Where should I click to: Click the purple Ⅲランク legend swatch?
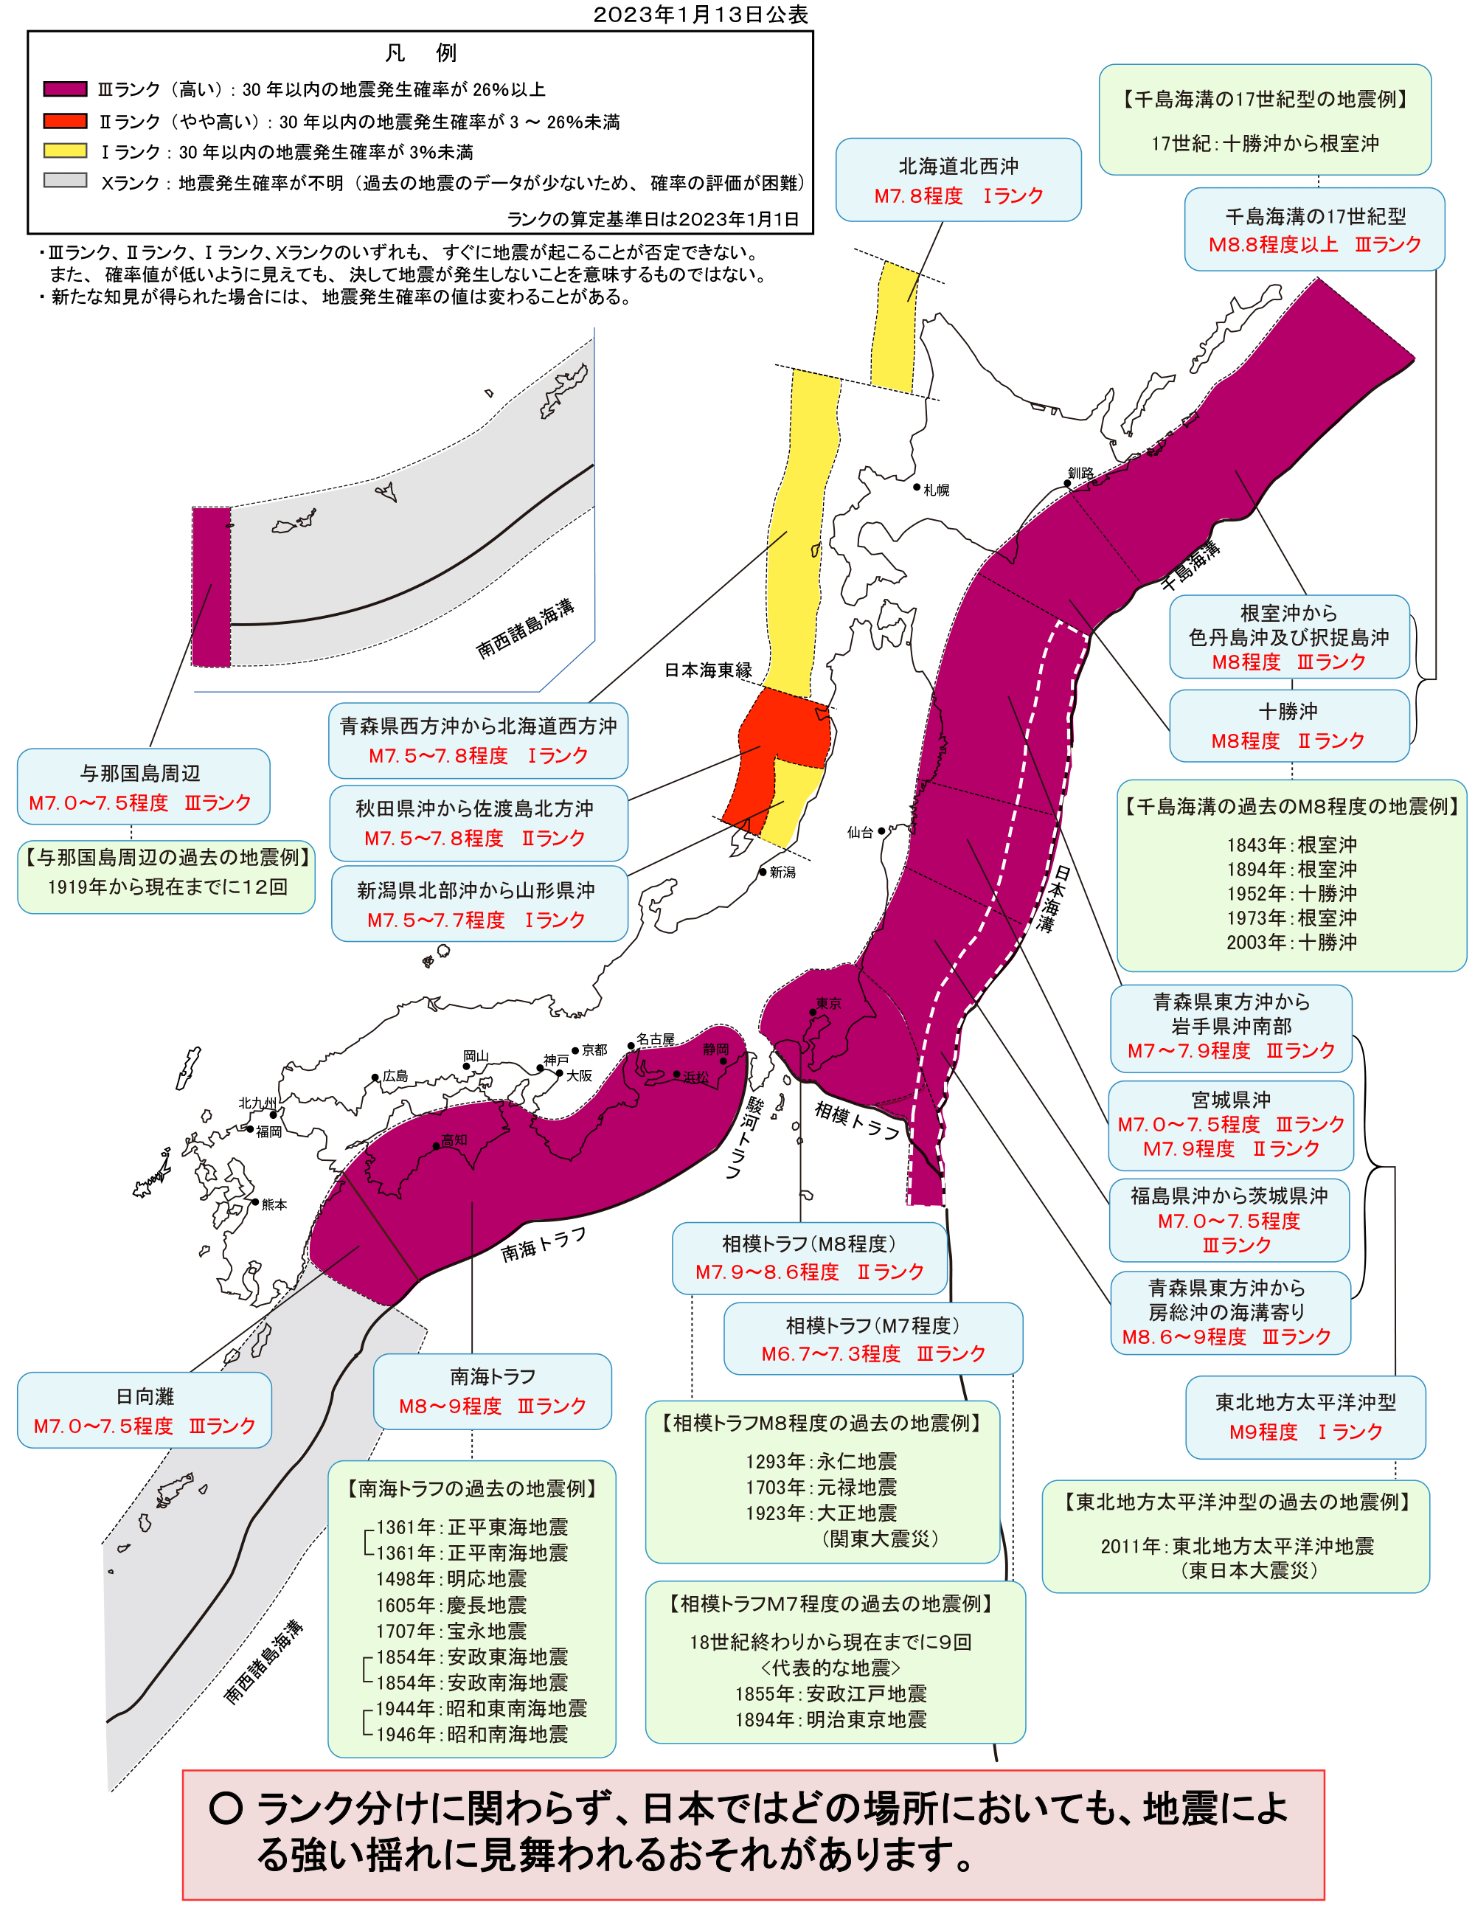click(x=65, y=89)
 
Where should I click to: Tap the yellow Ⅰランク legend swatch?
click(x=65, y=150)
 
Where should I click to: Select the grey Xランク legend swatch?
click(x=65, y=181)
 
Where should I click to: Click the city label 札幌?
click(x=936, y=490)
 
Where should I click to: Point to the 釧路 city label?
click(x=1080, y=474)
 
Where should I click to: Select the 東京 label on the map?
click(x=827, y=1004)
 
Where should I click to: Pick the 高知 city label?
click(x=454, y=1140)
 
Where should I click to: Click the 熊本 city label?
click(x=274, y=1205)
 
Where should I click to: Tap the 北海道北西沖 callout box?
click(x=958, y=180)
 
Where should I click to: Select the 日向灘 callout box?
click(x=145, y=1410)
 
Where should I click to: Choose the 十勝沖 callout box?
click(x=1288, y=725)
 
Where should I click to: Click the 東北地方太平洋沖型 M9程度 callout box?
click(x=1305, y=1417)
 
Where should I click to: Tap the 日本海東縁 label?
click(x=708, y=670)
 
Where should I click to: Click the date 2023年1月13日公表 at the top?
click(x=700, y=14)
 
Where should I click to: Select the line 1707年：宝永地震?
click(x=451, y=1631)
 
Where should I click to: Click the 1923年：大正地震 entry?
click(x=821, y=1513)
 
